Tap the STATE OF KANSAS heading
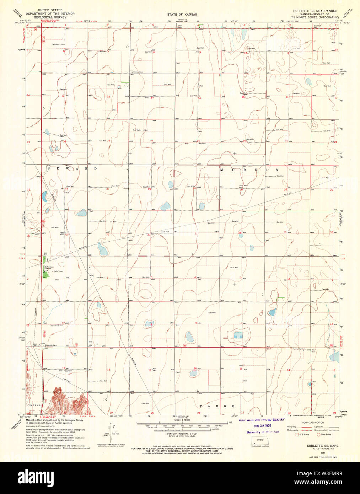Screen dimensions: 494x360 click(180, 14)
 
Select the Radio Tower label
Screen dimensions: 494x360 click(58, 271)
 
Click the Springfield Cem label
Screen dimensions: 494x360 click(56, 325)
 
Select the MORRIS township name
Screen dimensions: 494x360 click(249, 170)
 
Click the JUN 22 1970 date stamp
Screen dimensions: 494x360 click(262, 426)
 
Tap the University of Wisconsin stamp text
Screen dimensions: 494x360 click(263, 432)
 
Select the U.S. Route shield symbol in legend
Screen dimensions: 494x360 click(297, 434)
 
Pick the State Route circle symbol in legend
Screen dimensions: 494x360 click(318, 434)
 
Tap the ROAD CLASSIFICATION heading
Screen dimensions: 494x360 click(313, 422)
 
